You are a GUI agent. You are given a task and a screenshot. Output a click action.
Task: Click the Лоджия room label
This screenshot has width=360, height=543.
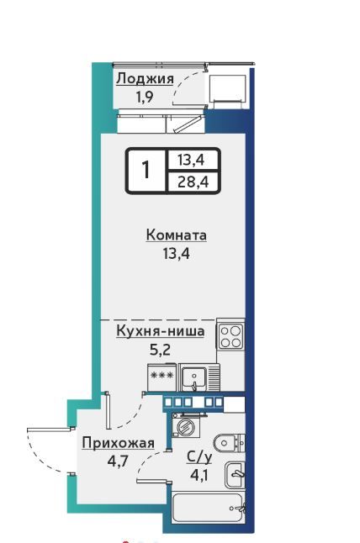(145, 79)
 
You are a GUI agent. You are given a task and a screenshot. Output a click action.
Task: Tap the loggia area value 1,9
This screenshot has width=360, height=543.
(145, 97)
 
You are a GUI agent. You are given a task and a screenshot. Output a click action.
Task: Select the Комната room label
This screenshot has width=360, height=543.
(177, 235)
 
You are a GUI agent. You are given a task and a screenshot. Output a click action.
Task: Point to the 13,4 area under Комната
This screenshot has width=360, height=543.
(177, 254)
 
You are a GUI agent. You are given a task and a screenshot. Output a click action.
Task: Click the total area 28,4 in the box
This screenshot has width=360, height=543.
(193, 182)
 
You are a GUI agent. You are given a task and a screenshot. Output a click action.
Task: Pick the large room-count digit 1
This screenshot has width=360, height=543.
(146, 170)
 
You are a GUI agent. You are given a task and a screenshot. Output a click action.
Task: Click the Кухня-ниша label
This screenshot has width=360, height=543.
(161, 330)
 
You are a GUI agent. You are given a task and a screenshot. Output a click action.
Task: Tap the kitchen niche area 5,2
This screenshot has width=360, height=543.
(160, 350)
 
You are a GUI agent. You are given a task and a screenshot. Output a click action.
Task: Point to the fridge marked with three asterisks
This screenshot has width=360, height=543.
(161, 377)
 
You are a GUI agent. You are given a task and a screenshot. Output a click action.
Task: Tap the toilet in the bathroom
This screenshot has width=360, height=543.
(229, 443)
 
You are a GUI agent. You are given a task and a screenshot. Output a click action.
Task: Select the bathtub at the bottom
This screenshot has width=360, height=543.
(209, 509)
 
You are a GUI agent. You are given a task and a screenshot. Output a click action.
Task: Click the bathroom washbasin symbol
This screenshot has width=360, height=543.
(235, 474)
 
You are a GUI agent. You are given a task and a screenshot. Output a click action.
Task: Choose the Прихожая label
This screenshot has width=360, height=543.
(118, 443)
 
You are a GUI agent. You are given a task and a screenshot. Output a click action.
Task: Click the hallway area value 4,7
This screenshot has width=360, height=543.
(118, 461)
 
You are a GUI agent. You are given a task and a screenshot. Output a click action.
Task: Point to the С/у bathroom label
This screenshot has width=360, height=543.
(199, 457)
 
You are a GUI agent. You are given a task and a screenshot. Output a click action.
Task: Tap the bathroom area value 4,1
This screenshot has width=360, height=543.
(199, 475)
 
